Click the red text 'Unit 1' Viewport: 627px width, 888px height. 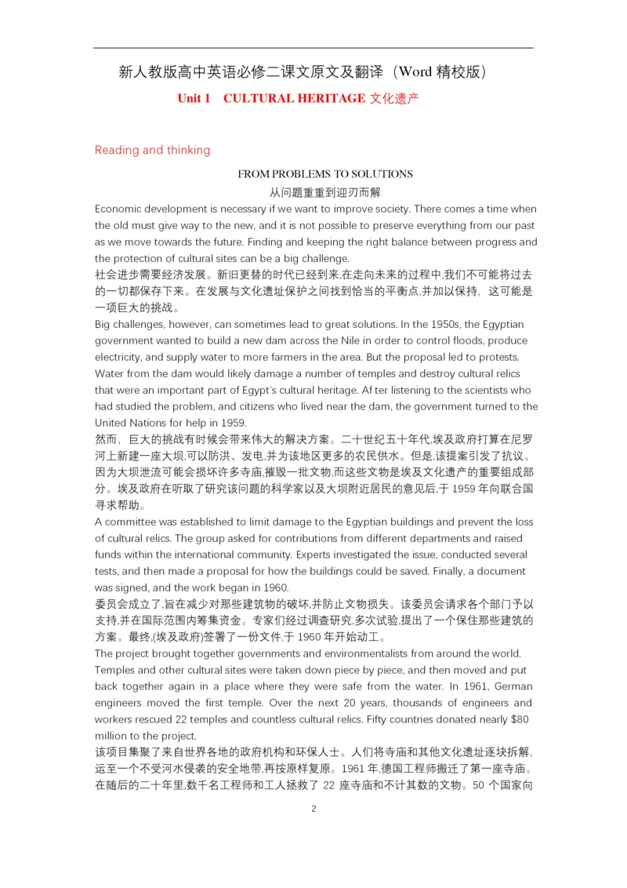pos(194,99)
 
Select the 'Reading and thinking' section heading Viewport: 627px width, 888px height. pos(152,151)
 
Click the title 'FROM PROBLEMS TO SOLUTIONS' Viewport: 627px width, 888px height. pos(325,174)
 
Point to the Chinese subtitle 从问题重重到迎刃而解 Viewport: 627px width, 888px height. pos(325,192)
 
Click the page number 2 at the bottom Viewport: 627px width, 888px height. pos(313,810)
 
